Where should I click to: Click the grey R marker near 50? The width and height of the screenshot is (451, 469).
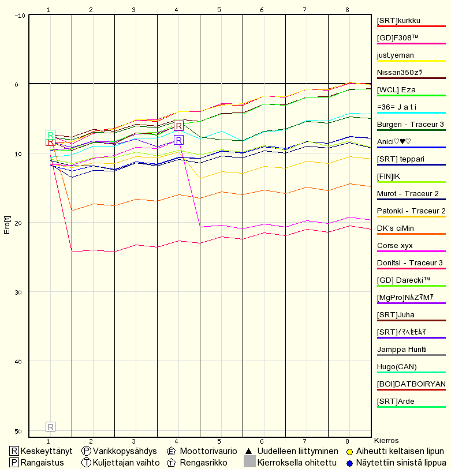click(51, 426)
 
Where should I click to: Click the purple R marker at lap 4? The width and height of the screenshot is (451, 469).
click(178, 140)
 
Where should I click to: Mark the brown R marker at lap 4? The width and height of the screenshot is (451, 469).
click(178, 126)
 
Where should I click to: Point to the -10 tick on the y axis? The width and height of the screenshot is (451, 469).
click(20, 16)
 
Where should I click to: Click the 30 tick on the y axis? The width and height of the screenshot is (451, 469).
click(18, 292)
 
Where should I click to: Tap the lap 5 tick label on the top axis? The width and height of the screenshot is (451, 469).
click(219, 10)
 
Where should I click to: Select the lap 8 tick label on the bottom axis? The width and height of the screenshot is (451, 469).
click(348, 441)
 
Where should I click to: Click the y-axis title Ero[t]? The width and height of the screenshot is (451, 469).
click(7, 225)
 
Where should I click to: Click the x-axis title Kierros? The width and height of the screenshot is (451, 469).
click(386, 441)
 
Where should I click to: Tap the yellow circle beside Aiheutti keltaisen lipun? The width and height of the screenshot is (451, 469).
click(349, 452)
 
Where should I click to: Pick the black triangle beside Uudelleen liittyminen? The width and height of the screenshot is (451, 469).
click(248, 451)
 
